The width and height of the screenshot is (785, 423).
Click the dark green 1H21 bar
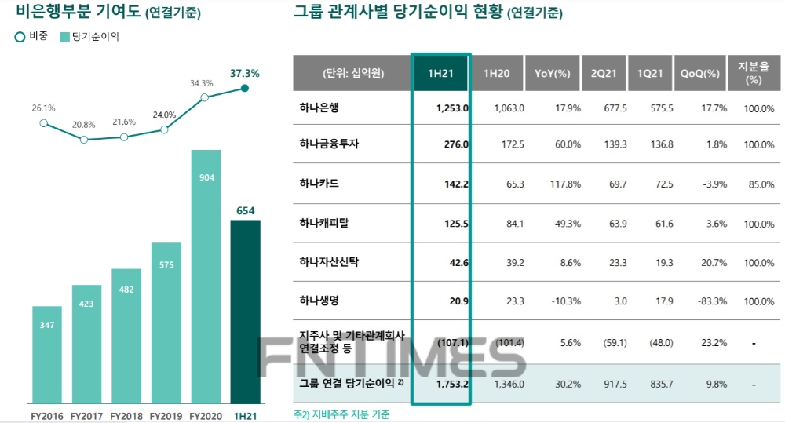[245, 310]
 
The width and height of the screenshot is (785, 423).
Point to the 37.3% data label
[244, 73]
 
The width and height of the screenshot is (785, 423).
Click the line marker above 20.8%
[84, 140]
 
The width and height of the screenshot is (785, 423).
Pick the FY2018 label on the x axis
[126, 414]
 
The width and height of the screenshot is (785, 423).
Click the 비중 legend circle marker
[20, 37]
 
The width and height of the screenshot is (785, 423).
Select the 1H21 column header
[441, 73]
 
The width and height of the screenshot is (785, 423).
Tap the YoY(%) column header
[552, 73]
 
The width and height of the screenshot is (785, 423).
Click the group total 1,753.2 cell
[452, 385]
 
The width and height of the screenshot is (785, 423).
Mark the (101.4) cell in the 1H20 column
[509, 342]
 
